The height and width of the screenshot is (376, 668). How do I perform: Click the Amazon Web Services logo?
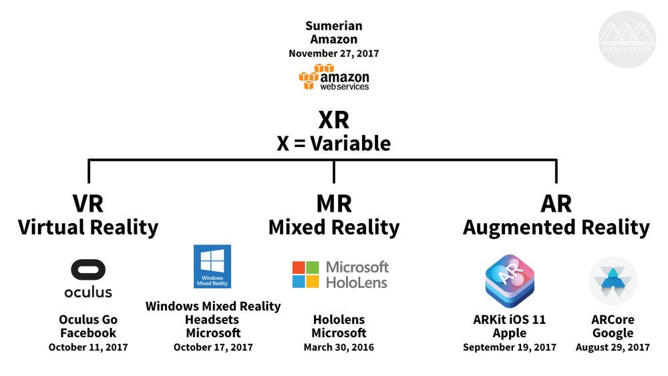tap(333, 77)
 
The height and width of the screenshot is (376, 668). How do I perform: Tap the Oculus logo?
tap(88, 278)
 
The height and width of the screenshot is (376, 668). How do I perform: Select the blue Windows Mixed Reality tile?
tap(212, 266)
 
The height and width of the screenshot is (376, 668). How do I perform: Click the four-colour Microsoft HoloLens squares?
tap(305, 274)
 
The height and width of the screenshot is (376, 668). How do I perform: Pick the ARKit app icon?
tap(509, 279)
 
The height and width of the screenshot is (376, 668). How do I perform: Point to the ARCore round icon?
tap(612, 281)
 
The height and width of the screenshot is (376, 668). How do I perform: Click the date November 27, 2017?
tap(333, 53)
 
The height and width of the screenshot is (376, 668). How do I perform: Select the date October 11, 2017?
tap(88, 347)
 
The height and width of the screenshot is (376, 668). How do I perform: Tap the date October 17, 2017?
tap(213, 347)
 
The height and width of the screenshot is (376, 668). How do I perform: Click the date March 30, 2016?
tap(339, 347)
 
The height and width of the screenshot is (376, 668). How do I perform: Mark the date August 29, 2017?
tap(612, 347)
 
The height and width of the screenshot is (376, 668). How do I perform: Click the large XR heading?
tap(333, 120)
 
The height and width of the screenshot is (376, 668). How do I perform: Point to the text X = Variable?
tap(333, 143)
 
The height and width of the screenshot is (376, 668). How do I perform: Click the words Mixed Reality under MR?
tap(333, 227)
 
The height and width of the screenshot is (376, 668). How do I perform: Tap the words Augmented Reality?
tap(556, 227)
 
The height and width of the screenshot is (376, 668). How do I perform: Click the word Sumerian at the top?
tap(333, 26)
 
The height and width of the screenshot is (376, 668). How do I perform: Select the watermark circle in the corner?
tap(627, 39)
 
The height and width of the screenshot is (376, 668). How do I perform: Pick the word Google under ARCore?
tap(612, 333)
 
